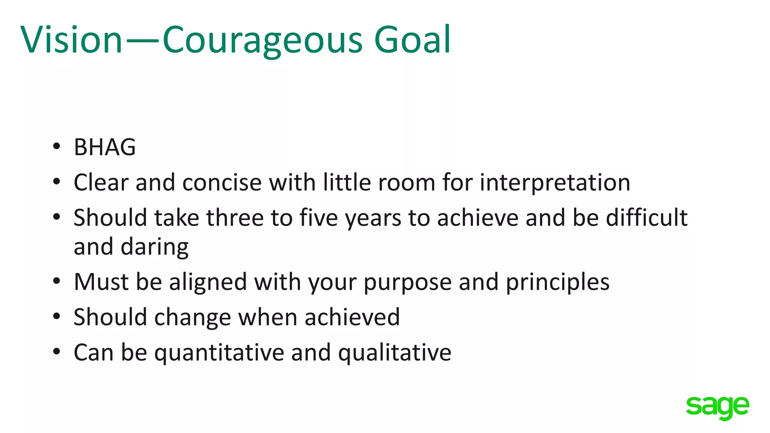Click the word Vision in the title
(71, 39)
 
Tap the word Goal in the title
(412, 39)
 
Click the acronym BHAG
(105, 147)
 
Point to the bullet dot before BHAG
(56, 147)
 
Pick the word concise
(222, 183)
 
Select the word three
(235, 218)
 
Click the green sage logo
(717, 407)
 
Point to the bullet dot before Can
(56, 352)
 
